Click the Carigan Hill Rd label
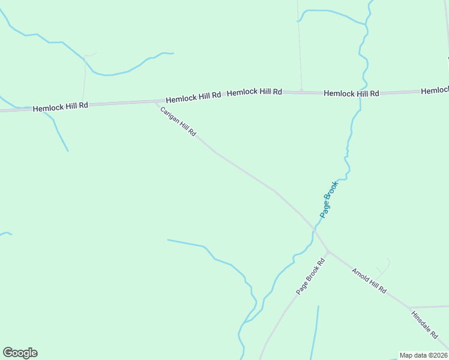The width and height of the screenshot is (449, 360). [x=178, y=122]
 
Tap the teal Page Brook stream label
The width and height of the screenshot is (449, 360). [x=329, y=199]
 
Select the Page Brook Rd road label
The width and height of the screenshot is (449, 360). [x=310, y=276]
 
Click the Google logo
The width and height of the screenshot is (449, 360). [x=20, y=353]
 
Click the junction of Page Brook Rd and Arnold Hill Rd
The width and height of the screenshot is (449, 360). [x=328, y=251]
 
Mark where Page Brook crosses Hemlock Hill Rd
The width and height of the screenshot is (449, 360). [x=361, y=94]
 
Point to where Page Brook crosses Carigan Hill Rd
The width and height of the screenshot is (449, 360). [x=313, y=229]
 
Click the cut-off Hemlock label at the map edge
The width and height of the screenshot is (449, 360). [x=435, y=91]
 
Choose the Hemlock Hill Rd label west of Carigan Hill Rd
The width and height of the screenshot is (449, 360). [x=61, y=107]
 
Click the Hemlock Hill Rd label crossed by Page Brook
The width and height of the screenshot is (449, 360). [x=351, y=94]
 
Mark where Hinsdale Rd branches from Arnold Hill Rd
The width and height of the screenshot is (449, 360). [x=409, y=308]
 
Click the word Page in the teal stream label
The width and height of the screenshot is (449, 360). [x=325, y=209]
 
